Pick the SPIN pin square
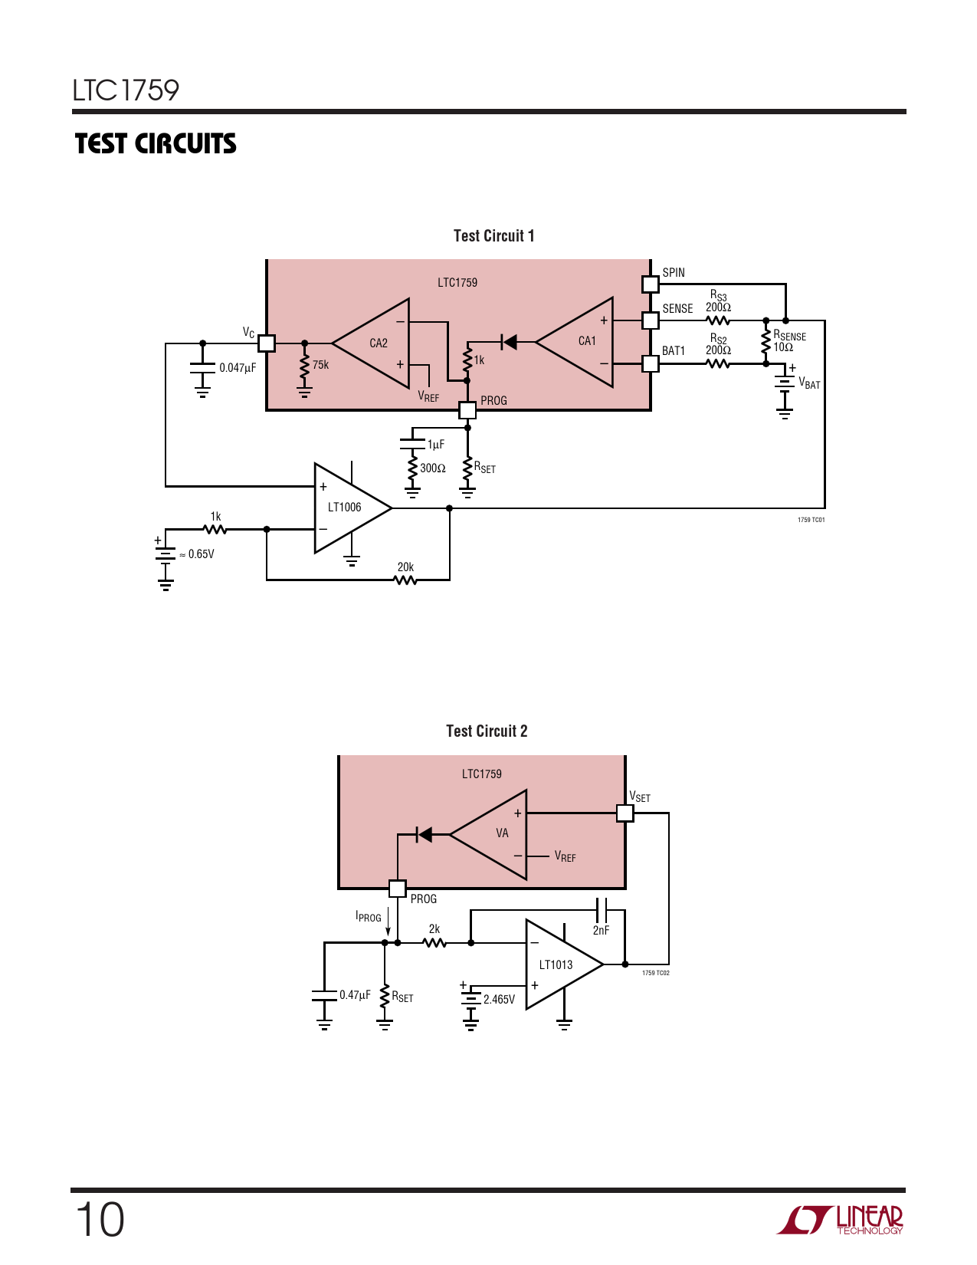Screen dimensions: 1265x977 (x=650, y=284)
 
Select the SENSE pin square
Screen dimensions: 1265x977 (x=650, y=320)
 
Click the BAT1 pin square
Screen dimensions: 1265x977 (x=650, y=363)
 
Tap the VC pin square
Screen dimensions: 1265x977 (x=266, y=343)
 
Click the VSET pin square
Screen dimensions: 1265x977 (x=625, y=813)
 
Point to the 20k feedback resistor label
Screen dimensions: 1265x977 (x=405, y=567)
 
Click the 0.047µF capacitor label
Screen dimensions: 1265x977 (x=238, y=368)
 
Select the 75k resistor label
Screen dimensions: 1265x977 (x=320, y=365)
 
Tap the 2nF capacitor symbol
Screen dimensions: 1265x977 (x=602, y=910)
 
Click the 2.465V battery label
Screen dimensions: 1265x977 (x=499, y=1000)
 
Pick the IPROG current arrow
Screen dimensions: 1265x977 (x=389, y=919)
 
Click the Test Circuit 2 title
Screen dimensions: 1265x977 (x=487, y=731)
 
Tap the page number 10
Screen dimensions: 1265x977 (x=100, y=1220)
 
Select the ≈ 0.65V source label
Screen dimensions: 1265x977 (x=197, y=554)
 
